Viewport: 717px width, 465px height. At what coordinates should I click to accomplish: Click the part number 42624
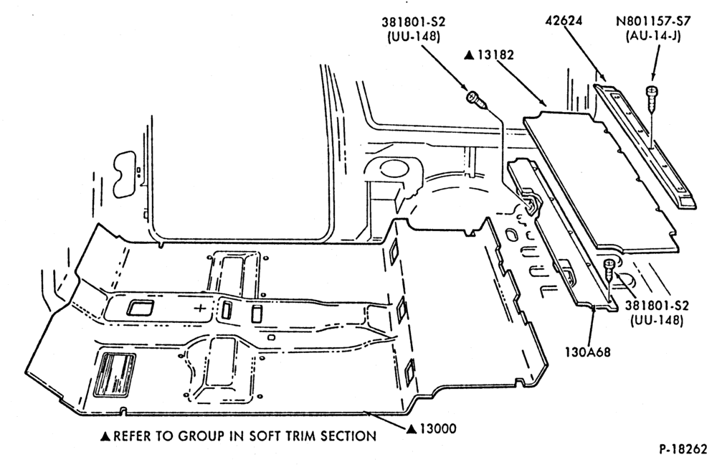564,21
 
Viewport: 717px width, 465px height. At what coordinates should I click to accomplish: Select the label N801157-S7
653,21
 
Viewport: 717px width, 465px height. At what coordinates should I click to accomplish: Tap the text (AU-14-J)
653,36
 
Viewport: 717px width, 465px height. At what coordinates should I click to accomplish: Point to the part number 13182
495,55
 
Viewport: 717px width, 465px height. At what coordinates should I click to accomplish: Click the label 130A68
588,352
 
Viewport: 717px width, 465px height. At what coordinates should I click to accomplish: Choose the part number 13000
437,429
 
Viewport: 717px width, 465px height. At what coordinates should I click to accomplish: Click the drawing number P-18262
683,449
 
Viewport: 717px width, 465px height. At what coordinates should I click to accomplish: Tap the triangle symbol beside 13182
469,55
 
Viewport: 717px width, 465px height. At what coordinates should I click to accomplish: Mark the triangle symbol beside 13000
412,429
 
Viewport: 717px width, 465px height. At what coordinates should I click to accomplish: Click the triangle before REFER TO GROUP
105,436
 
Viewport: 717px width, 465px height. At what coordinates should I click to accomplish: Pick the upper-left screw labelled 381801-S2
475,99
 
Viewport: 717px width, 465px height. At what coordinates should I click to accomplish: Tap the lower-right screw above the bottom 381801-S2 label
609,271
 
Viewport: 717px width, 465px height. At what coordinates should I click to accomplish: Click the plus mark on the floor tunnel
200,308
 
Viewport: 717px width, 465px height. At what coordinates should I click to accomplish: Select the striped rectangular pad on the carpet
114,375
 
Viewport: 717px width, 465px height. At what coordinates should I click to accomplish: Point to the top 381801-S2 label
413,22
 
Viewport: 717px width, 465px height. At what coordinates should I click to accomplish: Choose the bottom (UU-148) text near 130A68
657,321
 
